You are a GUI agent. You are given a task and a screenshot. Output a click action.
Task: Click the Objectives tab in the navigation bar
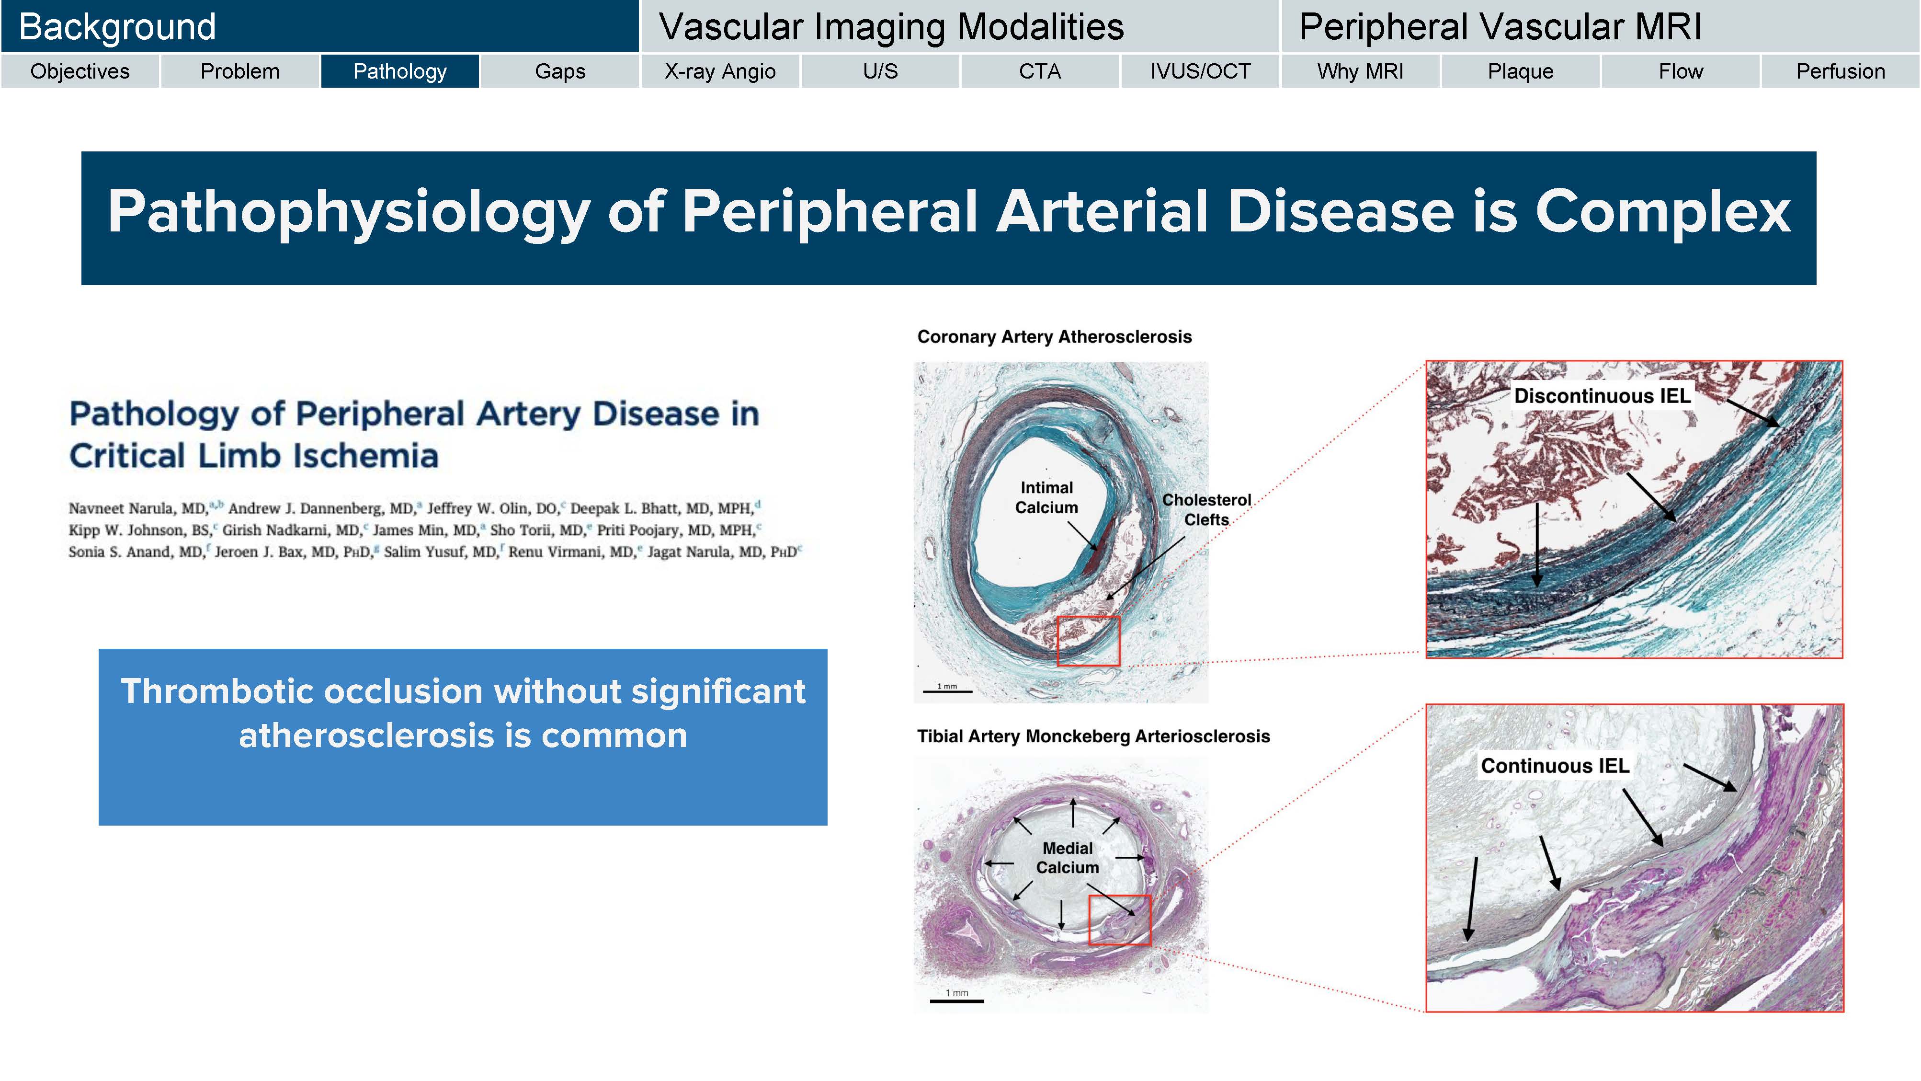pos(80,71)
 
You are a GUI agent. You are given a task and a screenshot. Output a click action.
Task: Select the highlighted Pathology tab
pos(400,71)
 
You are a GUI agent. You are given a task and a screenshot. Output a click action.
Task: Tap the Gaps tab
pos(560,71)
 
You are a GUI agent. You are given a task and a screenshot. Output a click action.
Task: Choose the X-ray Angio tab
pos(720,71)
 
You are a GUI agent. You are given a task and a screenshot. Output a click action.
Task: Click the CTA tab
pos(1040,71)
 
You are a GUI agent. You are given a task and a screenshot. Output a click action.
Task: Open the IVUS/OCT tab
pos(1200,71)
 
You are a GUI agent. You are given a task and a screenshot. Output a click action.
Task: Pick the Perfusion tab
pos(1840,71)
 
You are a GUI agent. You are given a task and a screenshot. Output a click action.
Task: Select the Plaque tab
pos(1520,71)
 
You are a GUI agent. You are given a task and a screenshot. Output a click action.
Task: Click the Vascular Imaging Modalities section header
pos(891,27)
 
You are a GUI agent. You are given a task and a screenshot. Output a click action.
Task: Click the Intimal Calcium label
pos(1046,497)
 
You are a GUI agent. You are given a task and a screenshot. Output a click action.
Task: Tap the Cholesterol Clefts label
pos(1206,509)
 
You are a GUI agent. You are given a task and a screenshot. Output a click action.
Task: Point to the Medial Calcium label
pos(1067,858)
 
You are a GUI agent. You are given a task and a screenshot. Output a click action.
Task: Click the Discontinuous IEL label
pos(1602,396)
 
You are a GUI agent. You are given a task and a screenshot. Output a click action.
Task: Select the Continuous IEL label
pos(1555,766)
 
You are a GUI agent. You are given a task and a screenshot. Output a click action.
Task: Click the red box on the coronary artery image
pos(1088,641)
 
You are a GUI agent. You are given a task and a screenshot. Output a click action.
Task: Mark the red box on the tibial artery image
pos(1119,920)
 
